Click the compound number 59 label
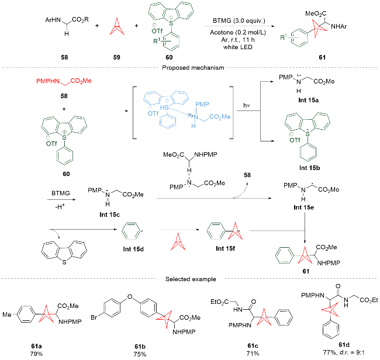click(x=116, y=57)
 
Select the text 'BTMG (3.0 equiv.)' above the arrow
click(x=239, y=20)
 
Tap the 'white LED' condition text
click(x=238, y=47)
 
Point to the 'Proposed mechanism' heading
click(x=193, y=68)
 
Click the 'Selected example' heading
click(x=191, y=279)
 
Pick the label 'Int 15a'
click(x=308, y=100)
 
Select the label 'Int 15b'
click(x=309, y=168)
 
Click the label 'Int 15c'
click(x=109, y=214)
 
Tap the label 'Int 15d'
click(x=133, y=249)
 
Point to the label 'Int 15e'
click(x=303, y=207)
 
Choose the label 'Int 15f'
click(x=226, y=248)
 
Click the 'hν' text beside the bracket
click(x=247, y=105)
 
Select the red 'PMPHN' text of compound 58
click(x=48, y=81)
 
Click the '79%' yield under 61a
click(x=36, y=354)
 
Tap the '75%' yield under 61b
click(x=140, y=354)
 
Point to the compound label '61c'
click(x=253, y=345)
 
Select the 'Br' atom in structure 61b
click(x=94, y=317)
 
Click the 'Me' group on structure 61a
click(x=7, y=314)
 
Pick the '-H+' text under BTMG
click(x=60, y=206)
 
